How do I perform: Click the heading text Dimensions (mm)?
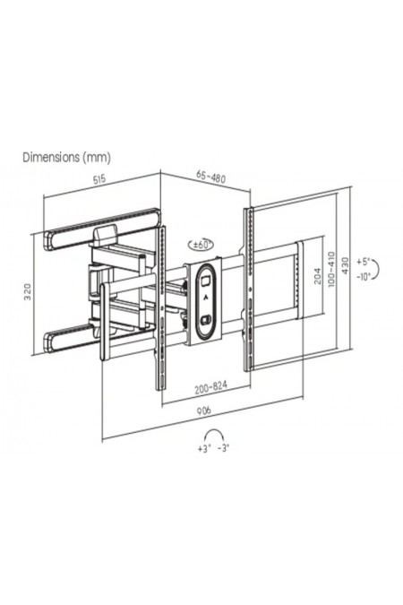66,158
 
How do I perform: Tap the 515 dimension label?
99,179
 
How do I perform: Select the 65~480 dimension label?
210,177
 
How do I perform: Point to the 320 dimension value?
28,292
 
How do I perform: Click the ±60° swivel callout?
200,245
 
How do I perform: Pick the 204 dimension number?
317,275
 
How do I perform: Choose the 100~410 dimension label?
330,269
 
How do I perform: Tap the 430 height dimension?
345,266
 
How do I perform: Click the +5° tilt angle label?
363,262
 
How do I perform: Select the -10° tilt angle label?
364,276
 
